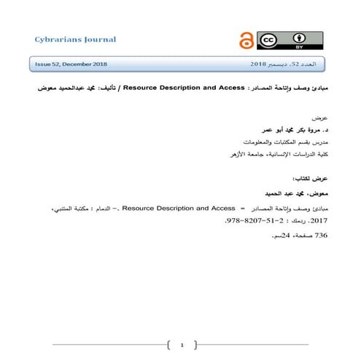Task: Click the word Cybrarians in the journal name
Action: tap(56, 38)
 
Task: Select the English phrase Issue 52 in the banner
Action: tap(51, 65)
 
